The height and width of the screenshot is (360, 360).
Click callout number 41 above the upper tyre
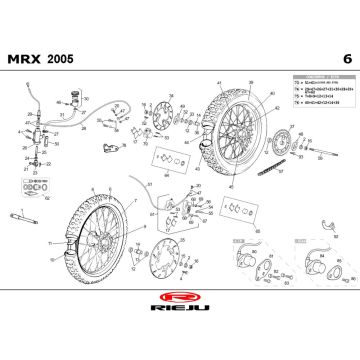[218, 82]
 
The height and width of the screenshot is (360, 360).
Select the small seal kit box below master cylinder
[31, 184]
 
